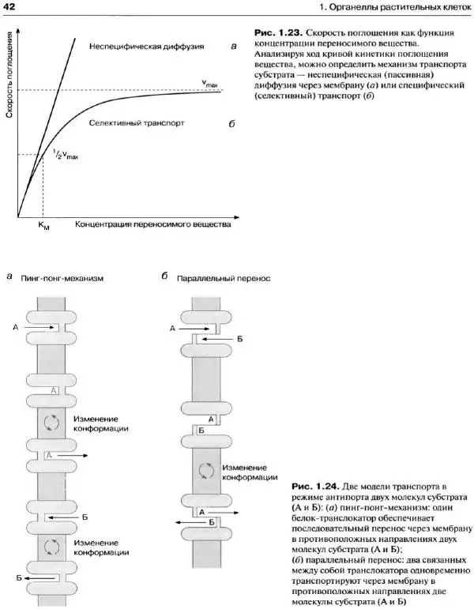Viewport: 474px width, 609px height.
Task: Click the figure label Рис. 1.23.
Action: point(275,32)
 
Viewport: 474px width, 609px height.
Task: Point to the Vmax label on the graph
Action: point(209,82)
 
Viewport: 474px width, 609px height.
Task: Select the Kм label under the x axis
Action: point(42,226)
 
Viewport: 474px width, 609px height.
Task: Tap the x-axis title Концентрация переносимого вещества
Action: point(153,224)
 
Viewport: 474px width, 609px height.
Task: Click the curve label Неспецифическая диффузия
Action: point(147,46)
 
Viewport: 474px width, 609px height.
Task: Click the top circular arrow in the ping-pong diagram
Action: point(51,422)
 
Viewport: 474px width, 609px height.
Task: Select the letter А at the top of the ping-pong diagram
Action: point(16,325)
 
